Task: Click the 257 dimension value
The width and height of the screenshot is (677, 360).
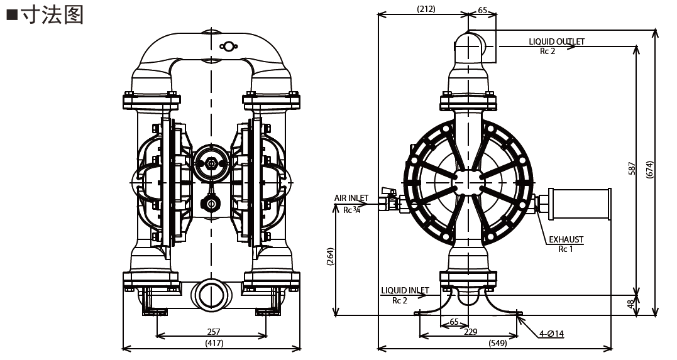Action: pyautogui.click(x=214, y=330)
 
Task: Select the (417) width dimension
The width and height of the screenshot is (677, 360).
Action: pyautogui.click(x=214, y=343)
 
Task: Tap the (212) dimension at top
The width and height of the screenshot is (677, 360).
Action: pyautogui.click(x=426, y=9)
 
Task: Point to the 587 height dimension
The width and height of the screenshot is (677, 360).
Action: pyautogui.click(x=632, y=168)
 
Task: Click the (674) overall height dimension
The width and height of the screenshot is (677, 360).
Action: pyautogui.click(x=650, y=168)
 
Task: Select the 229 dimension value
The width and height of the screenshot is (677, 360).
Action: pyautogui.click(x=470, y=330)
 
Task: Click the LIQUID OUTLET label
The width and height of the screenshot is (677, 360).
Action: pyautogui.click(x=556, y=41)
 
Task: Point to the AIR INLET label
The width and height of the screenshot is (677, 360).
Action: pyautogui.click(x=351, y=199)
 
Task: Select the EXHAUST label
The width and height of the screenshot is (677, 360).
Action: pyautogui.click(x=566, y=239)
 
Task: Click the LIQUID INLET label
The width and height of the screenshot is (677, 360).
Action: pyautogui.click(x=404, y=290)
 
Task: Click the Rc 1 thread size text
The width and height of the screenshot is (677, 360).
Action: pyautogui.click(x=566, y=249)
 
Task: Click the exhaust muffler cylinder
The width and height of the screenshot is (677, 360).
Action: pyautogui.click(x=580, y=204)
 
